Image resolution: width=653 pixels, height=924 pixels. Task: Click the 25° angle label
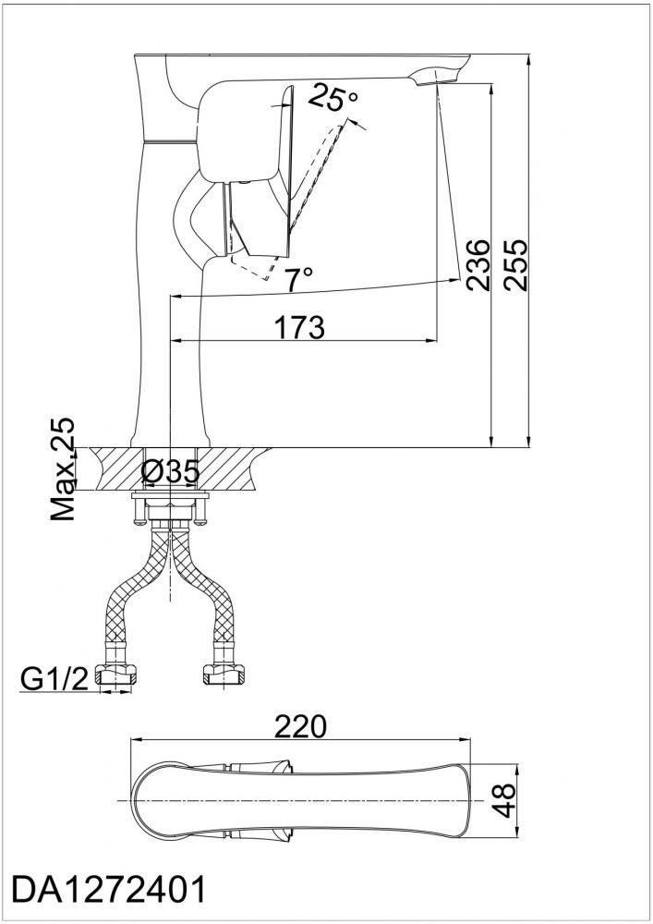click(333, 98)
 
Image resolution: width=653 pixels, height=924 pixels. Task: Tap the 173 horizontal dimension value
click(300, 328)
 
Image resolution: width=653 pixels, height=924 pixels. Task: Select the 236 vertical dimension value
click(477, 264)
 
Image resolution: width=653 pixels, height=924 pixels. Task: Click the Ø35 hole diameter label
click(171, 471)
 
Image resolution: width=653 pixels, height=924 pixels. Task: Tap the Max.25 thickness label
click(63, 469)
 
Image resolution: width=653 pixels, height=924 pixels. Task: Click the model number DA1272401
click(110, 890)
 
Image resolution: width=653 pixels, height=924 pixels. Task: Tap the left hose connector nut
click(118, 674)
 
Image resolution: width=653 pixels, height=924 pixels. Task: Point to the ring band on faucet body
click(170, 141)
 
